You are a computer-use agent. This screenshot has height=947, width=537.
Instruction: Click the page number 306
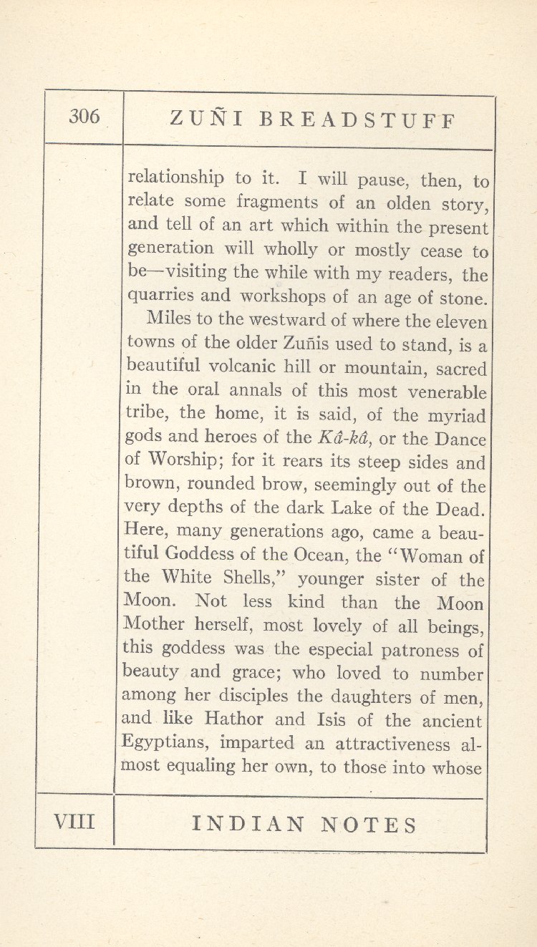84,117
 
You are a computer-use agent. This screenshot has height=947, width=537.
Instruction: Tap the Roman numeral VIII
74,821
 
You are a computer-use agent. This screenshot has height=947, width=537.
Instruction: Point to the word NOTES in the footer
369,825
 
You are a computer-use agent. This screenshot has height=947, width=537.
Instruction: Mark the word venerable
447,392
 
